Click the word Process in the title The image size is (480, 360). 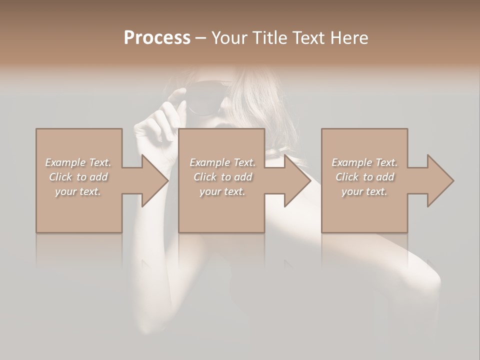click(157, 38)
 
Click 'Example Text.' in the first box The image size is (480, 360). click(78, 162)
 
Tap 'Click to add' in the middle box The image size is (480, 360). click(222, 177)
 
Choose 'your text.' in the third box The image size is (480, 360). click(364, 191)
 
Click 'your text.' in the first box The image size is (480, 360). click(78, 191)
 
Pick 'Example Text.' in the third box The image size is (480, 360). click(364, 162)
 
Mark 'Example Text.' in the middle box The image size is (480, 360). click(222, 162)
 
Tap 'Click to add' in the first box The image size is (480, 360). click(78, 177)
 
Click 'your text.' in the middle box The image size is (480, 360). click(222, 191)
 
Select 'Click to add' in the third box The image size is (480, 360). click(364, 177)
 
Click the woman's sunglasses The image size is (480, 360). click(205, 97)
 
